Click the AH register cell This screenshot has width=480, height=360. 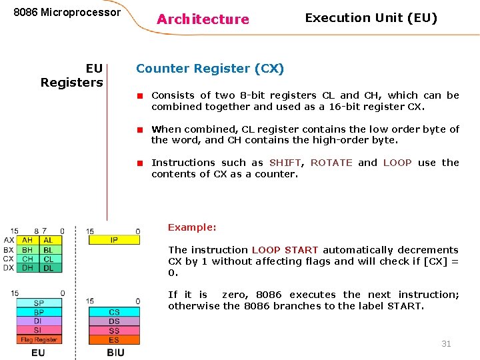click(27, 240)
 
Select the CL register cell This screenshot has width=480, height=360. click(49, 259)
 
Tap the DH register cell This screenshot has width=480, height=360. click(27, 267)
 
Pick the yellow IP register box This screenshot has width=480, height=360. click(114, 240)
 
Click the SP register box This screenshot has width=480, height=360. click(39, 303)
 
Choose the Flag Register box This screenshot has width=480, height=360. click(39, 339)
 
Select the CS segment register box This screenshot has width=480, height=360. click(114, 312)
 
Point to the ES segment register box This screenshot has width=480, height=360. click(114, 339)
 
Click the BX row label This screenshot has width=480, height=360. click(9, 249)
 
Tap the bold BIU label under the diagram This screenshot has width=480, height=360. click(115, 352)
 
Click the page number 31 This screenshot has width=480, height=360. click(446, 343)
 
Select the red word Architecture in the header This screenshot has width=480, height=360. click(203, 19)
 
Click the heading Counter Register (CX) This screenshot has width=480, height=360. click(210, 69)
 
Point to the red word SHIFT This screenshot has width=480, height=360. click(285, 163)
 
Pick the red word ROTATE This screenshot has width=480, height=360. click(331, 163)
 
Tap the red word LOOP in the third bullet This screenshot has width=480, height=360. click(397, 163)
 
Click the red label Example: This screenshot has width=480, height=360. click(192, 227)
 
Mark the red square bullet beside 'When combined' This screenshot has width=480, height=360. click(141, 129)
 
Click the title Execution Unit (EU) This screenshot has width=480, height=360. click(371, 18)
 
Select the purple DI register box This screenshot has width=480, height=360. click(39, 321)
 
